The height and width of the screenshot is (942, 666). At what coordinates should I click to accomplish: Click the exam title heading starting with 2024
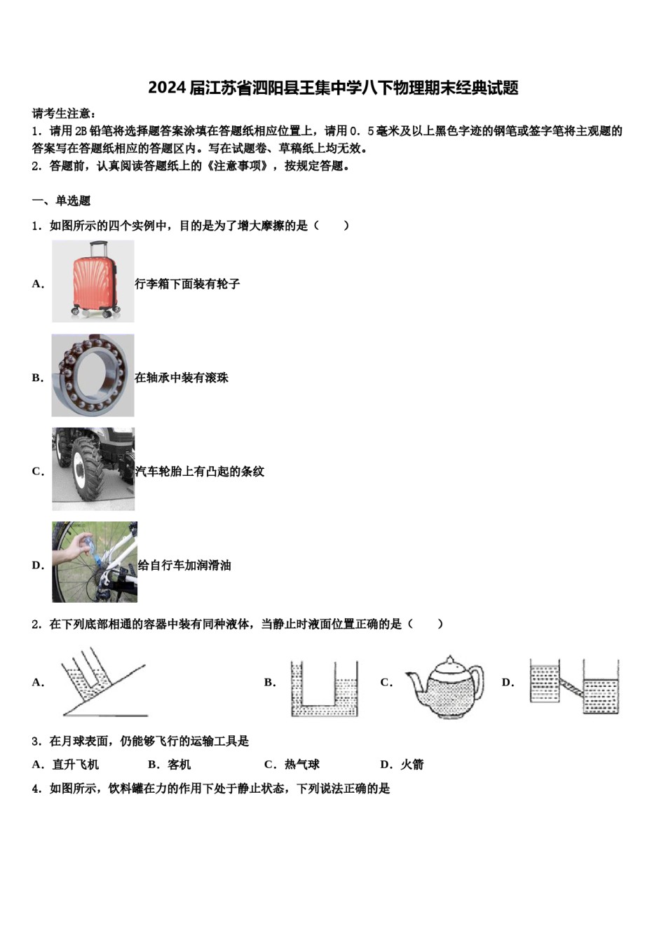pyautogui.click(x=333, y=88)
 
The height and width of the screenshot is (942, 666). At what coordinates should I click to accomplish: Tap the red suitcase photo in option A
pyautogui.click(x=93, y=281)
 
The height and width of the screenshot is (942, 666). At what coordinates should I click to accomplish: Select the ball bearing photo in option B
pyautogui.click(x=93, y=375)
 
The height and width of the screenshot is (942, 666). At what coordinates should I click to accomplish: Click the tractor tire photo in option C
pyautogui.click(x=93, y=469)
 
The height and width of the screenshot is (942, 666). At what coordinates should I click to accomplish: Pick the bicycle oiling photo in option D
pyautogui.click(x=94, y=562)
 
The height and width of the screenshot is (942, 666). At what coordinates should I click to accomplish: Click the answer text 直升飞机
pyautogui.click(x=76, y=765)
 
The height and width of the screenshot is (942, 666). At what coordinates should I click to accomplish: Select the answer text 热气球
pyautogui.click(x=302, y=765)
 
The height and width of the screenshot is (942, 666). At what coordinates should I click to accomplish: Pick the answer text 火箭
pyautogui.click(x=412, y=765)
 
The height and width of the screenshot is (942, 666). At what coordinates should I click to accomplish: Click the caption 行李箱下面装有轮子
pyautogui.click(x=187, y=284)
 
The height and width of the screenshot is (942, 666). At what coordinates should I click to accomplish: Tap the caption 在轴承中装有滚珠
pyautogui.click(x=182, y=378)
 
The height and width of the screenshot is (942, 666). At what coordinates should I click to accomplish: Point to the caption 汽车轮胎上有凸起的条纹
pyautogui.click(x=199, y=472)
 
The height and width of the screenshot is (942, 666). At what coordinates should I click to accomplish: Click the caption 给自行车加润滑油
pyautogui.click(x=184, y=566)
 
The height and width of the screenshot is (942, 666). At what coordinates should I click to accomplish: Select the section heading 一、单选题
pyautogui.click(x=62, y=201)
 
